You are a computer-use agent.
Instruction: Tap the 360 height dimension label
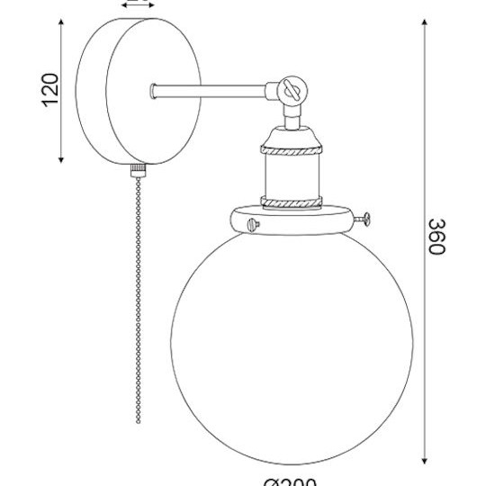coord(436,236)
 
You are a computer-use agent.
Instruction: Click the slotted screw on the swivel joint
coord(290,89)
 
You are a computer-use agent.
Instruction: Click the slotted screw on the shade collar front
coord(253,223)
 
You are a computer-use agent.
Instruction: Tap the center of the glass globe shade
coord(292,346)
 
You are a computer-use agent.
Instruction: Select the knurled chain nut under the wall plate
coord(138,168)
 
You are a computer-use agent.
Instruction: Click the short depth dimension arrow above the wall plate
coord(135,4)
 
